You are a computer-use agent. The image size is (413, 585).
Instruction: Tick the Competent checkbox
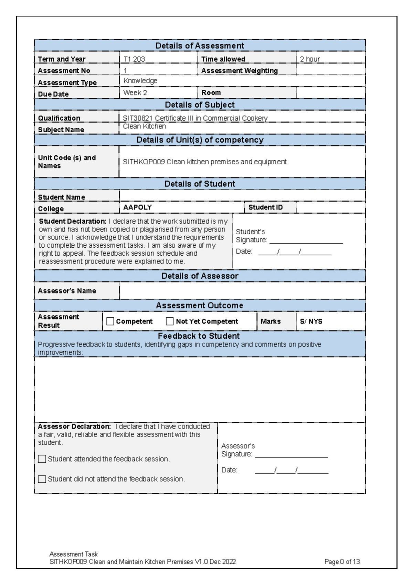[x=110, y=321]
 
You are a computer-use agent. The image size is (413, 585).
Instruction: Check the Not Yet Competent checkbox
[x=170, y=321]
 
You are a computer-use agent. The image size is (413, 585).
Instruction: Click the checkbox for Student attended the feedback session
[x=42, y=459]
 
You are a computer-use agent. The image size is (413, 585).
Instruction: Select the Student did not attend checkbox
[x=42, y=479]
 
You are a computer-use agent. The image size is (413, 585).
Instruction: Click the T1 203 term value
[x=134, y=59]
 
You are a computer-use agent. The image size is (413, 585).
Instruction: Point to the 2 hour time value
[x=310, y=59]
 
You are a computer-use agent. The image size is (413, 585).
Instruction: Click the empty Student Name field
[x=242, y=196]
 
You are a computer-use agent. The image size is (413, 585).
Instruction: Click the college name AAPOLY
[x=137, y=207]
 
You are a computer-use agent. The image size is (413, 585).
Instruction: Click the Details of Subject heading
[x=200, y=105]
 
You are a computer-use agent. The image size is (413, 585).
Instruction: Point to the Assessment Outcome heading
[x=200, y=306]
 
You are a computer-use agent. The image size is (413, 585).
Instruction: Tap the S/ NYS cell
[x=311, y=321]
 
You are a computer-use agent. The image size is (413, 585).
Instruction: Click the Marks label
[x=271, y=321]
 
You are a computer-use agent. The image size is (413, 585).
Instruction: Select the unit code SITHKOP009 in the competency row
[x=144, y=162]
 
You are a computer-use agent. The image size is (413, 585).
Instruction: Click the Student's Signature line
[x=306, y=240]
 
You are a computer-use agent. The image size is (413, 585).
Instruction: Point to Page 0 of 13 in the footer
[x=342, y=562]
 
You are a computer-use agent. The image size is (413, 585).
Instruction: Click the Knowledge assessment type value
[x=140, y=81]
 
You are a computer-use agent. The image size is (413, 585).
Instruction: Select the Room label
[x=211, y=93]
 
